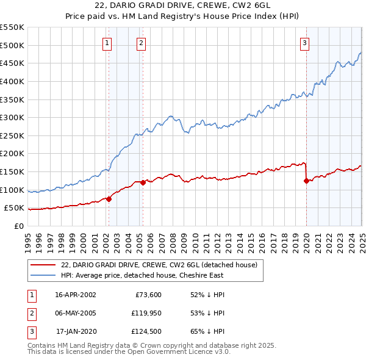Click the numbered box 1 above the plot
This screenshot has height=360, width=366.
[107, 43]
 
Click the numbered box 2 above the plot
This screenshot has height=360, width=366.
[141, 43]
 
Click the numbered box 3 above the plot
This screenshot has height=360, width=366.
[304, 43]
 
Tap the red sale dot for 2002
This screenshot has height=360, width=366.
[109, 199]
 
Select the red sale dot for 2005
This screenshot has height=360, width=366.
[143, 182]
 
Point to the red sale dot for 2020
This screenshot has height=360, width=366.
[306, 181]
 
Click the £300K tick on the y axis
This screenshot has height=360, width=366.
[12, 117]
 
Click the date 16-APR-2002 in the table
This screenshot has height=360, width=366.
[76, 295]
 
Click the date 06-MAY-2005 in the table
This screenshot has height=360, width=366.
[76, 314]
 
